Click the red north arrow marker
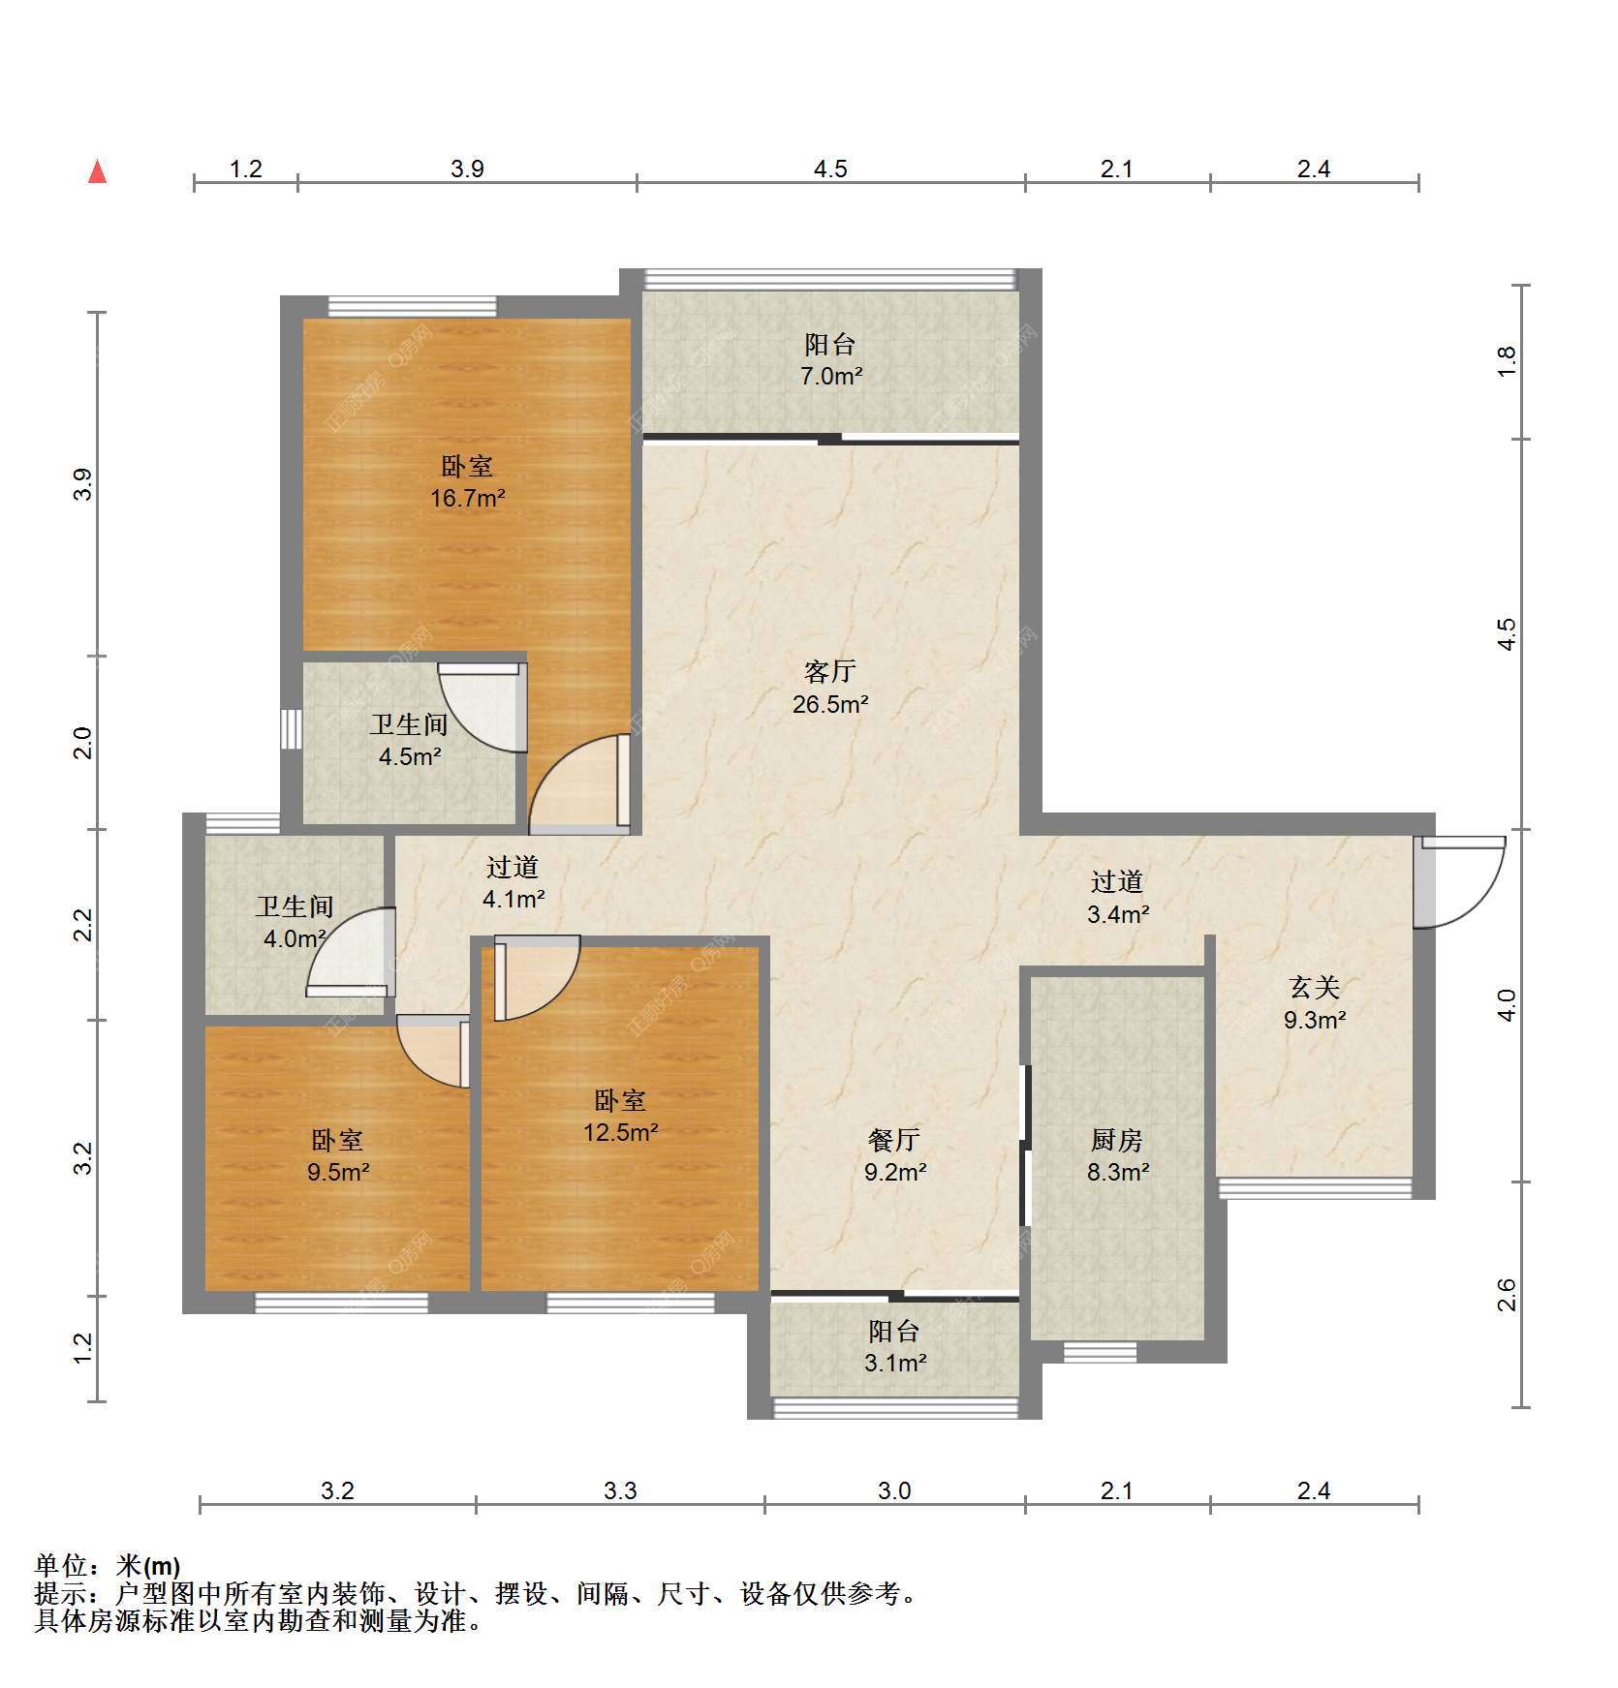click(97, 171)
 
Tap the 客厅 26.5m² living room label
click(829, 688)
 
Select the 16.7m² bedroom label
click(468, 482)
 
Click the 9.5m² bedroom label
click(338, 1156)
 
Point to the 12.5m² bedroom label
click(620, 1116)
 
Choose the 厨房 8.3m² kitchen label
click(1118, 1156)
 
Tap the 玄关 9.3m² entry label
click(1315, 1003)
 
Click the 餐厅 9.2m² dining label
click(895, 1156)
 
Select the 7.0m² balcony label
click(830, 360)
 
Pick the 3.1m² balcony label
click(895, 1347)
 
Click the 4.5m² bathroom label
click(409, 741)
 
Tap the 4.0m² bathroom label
click(294, 922)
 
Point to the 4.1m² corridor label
click(513, 882)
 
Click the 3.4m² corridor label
click(1118, 898)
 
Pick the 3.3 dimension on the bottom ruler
click(620, 1490)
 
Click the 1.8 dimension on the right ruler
click(1507, 361)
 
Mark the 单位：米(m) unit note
click(107, 1566)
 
